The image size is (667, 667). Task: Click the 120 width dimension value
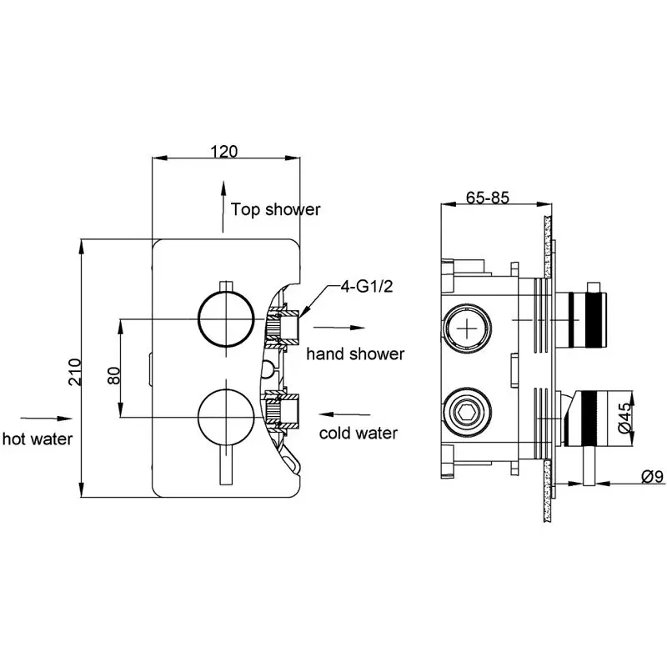pyautogui.click(x=224, y=151)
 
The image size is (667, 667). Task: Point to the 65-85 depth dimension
pyautogui.click(x=488, y=198)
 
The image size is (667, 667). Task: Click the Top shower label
pyautogui.click(x=275, y=209)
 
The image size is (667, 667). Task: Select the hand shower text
pyautogui.click(x=355, y=354)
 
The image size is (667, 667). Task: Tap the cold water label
pyautogui.click(x=359, y=433)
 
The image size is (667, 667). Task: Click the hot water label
pyautogui.click(x=37, y=438)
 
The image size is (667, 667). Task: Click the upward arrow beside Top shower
pyautogui.click(x=222, y=205)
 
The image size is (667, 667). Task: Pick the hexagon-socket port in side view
pyautogui.click(x=471, y=412)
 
